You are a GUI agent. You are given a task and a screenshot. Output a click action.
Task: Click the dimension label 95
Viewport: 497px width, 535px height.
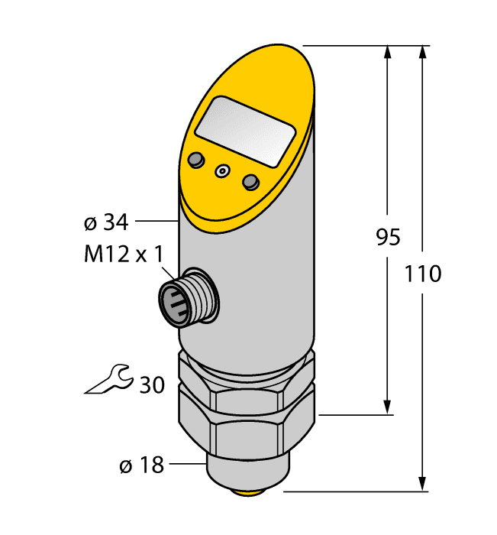389,238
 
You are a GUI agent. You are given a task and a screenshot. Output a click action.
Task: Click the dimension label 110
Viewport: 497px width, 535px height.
422,273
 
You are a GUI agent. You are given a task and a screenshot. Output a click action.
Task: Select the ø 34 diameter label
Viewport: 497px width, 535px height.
106,223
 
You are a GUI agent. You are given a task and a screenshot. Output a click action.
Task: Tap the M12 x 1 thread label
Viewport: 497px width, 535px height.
123,254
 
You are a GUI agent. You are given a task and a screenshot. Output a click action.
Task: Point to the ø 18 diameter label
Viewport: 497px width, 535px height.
142,464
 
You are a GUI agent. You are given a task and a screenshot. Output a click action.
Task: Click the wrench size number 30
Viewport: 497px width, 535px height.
151,385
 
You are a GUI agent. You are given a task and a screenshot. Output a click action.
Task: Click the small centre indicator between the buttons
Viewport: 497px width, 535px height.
223,171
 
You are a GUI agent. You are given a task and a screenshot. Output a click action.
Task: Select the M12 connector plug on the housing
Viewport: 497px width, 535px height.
182,296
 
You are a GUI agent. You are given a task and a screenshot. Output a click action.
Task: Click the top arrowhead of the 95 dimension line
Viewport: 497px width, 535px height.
389,52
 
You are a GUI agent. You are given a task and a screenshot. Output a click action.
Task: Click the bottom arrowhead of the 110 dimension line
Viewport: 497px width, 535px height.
422,484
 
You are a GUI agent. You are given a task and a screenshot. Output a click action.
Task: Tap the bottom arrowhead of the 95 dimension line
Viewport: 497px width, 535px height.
389,408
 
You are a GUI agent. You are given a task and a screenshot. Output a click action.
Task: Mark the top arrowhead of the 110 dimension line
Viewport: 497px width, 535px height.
422,52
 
